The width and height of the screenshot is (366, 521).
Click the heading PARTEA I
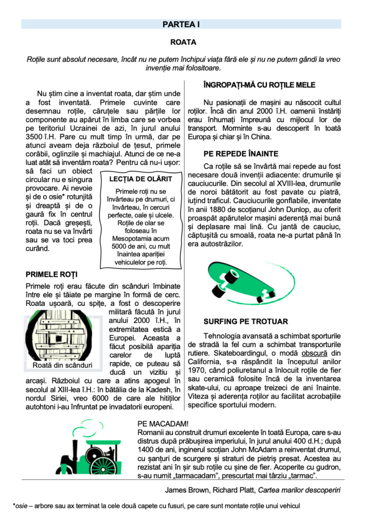coord(181,24)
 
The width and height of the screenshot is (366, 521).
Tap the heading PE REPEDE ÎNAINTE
coord(241,154)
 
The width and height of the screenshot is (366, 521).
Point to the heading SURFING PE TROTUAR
coord(246,322)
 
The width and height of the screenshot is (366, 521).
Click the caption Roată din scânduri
coord(62,365)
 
